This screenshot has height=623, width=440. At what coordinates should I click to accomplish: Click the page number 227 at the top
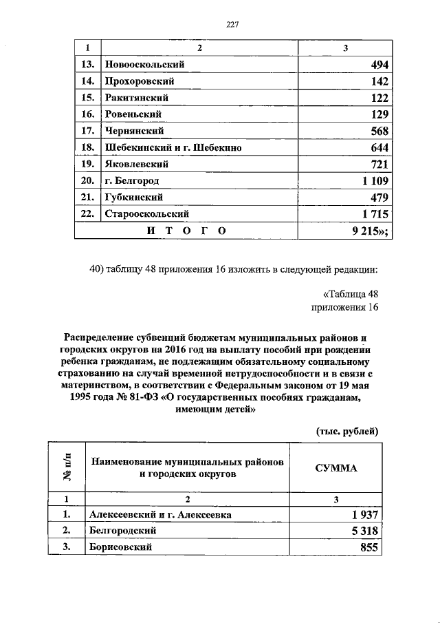pyautogui.click(x=232, y=25)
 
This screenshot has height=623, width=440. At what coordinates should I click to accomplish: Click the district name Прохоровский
pyautogui.click(x=137, y=82)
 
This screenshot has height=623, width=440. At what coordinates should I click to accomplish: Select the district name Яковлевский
pyautogui.click(x=136, y=165)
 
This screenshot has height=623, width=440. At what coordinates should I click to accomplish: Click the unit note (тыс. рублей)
pyautogui.click(x=347, y=431)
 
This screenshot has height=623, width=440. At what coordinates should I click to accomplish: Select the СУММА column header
pyautogui.click(x=336, y=467)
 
